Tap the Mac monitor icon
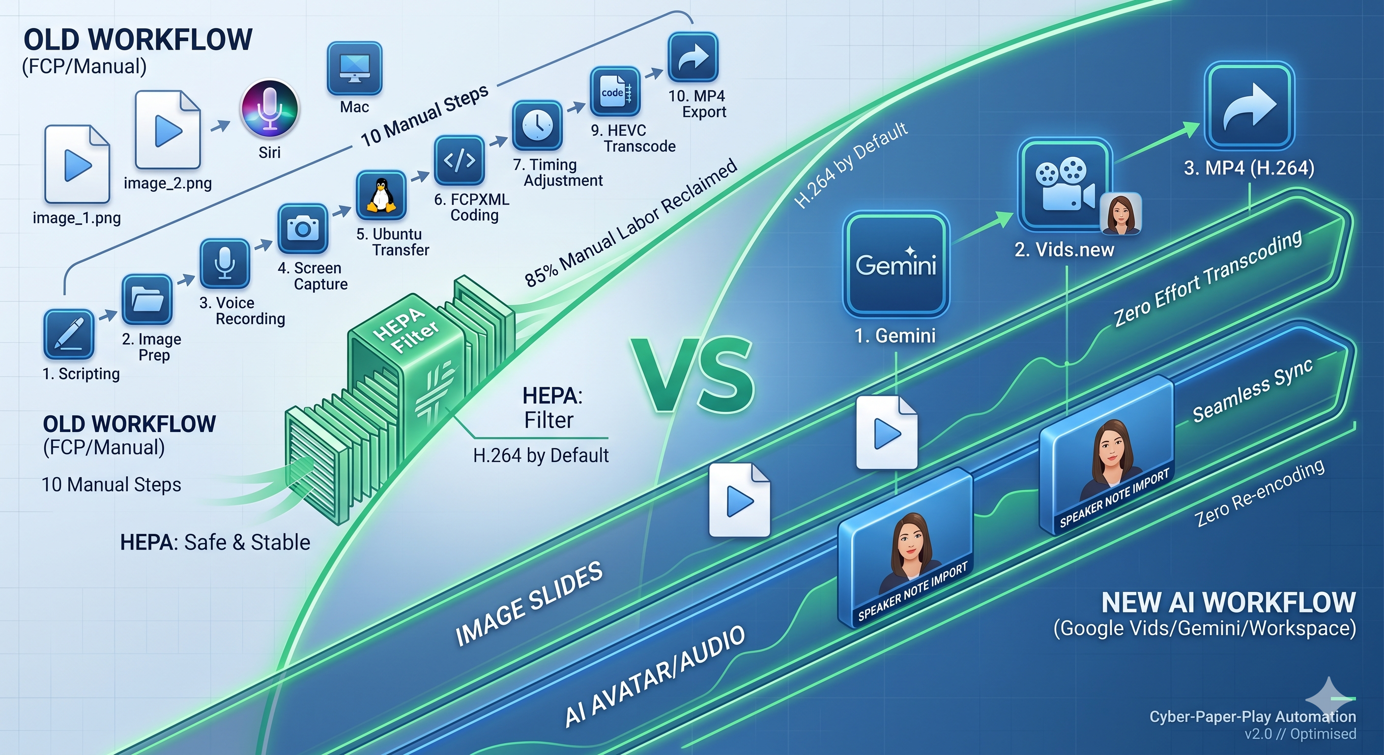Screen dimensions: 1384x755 click(354, 69)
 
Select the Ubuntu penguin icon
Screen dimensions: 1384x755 click(381, 195)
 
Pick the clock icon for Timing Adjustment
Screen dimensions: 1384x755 click(537, 126)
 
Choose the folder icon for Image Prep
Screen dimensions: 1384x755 click(146, 299)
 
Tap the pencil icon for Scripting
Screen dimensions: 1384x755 click(69, 334)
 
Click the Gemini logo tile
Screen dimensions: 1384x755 click(895, 264)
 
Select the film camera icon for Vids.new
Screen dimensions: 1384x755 click(1065, 185)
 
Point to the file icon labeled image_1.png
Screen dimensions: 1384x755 click(77, 165)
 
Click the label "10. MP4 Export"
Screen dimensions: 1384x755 click(697, 104)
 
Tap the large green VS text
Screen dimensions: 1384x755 click(692, 375)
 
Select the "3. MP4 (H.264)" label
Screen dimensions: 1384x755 click(1249, 168)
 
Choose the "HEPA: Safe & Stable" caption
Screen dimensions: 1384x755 click(215, 543)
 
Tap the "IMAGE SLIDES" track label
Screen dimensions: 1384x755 click(529, 604)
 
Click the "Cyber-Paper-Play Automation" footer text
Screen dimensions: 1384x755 click(1252, 716)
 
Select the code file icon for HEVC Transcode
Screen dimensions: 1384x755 click(615, 91)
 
